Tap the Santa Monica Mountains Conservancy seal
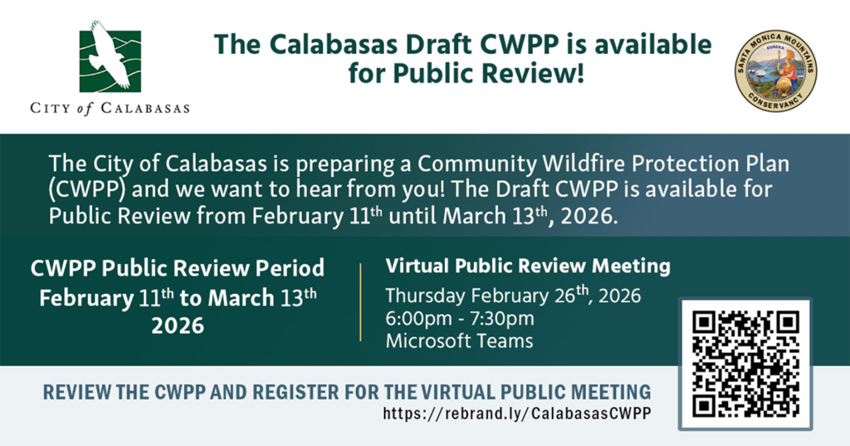pos(776,71)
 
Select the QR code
pos(745,364)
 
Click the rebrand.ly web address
pos(516,414)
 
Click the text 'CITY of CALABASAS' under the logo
pos(110,108)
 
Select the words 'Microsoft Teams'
pos(459,341)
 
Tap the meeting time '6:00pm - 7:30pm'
pos(460,318)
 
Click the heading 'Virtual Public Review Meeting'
pos(528,266)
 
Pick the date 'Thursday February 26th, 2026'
pos(513,295)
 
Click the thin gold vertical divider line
pos(360,302)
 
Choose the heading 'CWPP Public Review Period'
pos(178,268)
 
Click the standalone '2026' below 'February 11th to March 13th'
pos(178,326)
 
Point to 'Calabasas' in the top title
pos(333,45)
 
